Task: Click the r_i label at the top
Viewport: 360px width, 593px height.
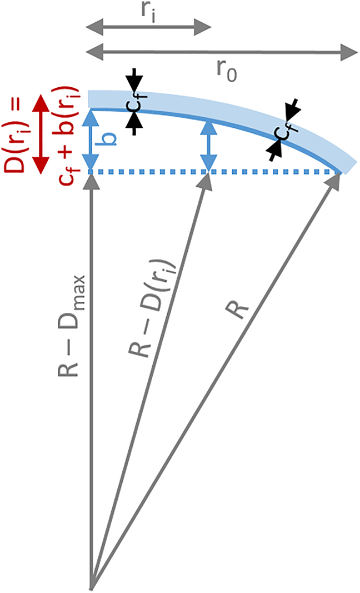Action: click(x=148, y=11)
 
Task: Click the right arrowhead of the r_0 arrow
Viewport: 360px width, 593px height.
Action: click(x=350, y=53)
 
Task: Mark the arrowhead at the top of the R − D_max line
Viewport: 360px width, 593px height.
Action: click(x=91, y=181)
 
